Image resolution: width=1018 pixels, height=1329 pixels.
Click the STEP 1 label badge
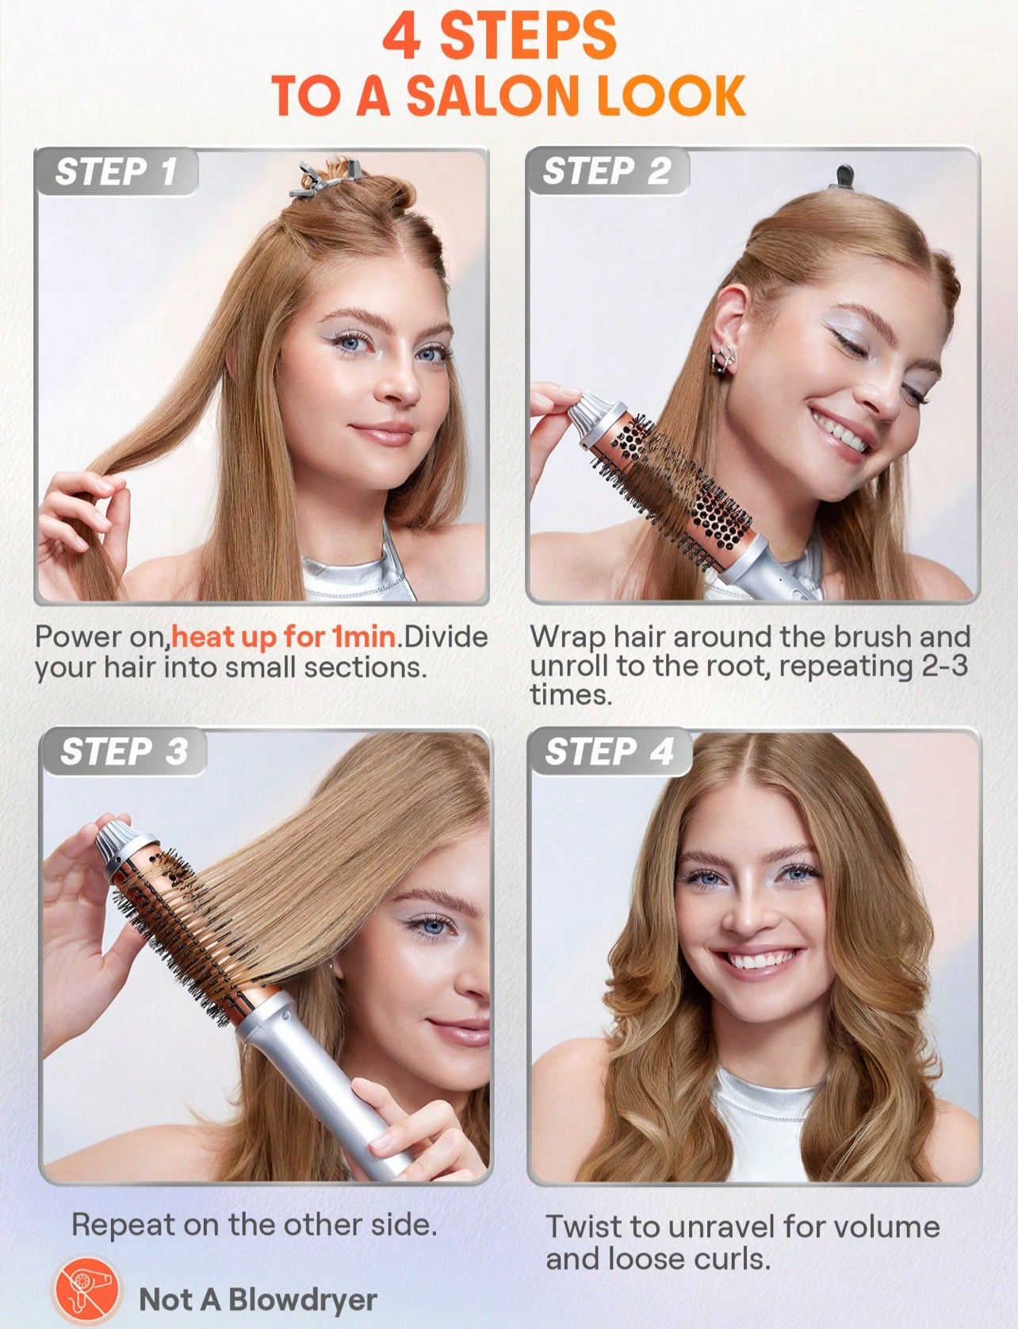(116, 171)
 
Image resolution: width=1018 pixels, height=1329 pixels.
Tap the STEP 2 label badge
(607, 171)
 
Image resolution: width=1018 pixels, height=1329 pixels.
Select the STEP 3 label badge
(124, 751)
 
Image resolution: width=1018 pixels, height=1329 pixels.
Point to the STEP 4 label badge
(610, 751)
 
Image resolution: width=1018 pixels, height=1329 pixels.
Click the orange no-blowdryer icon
(86, 1289)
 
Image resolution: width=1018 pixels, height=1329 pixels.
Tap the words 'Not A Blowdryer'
(258, 1300)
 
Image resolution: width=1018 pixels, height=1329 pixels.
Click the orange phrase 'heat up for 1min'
(283, 636)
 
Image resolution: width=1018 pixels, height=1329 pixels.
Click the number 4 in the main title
(402, 36)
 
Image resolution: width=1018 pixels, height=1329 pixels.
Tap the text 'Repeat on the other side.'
(254, 1224)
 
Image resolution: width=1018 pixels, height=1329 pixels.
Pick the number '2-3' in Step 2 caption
(945, 666)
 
